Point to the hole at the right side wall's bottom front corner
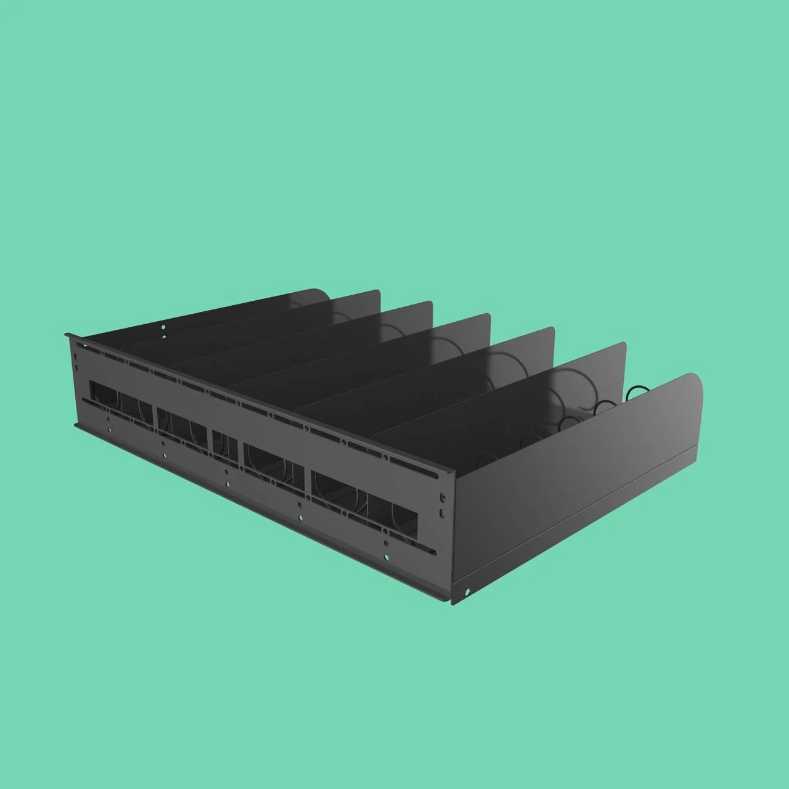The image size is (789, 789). (467, 592)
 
